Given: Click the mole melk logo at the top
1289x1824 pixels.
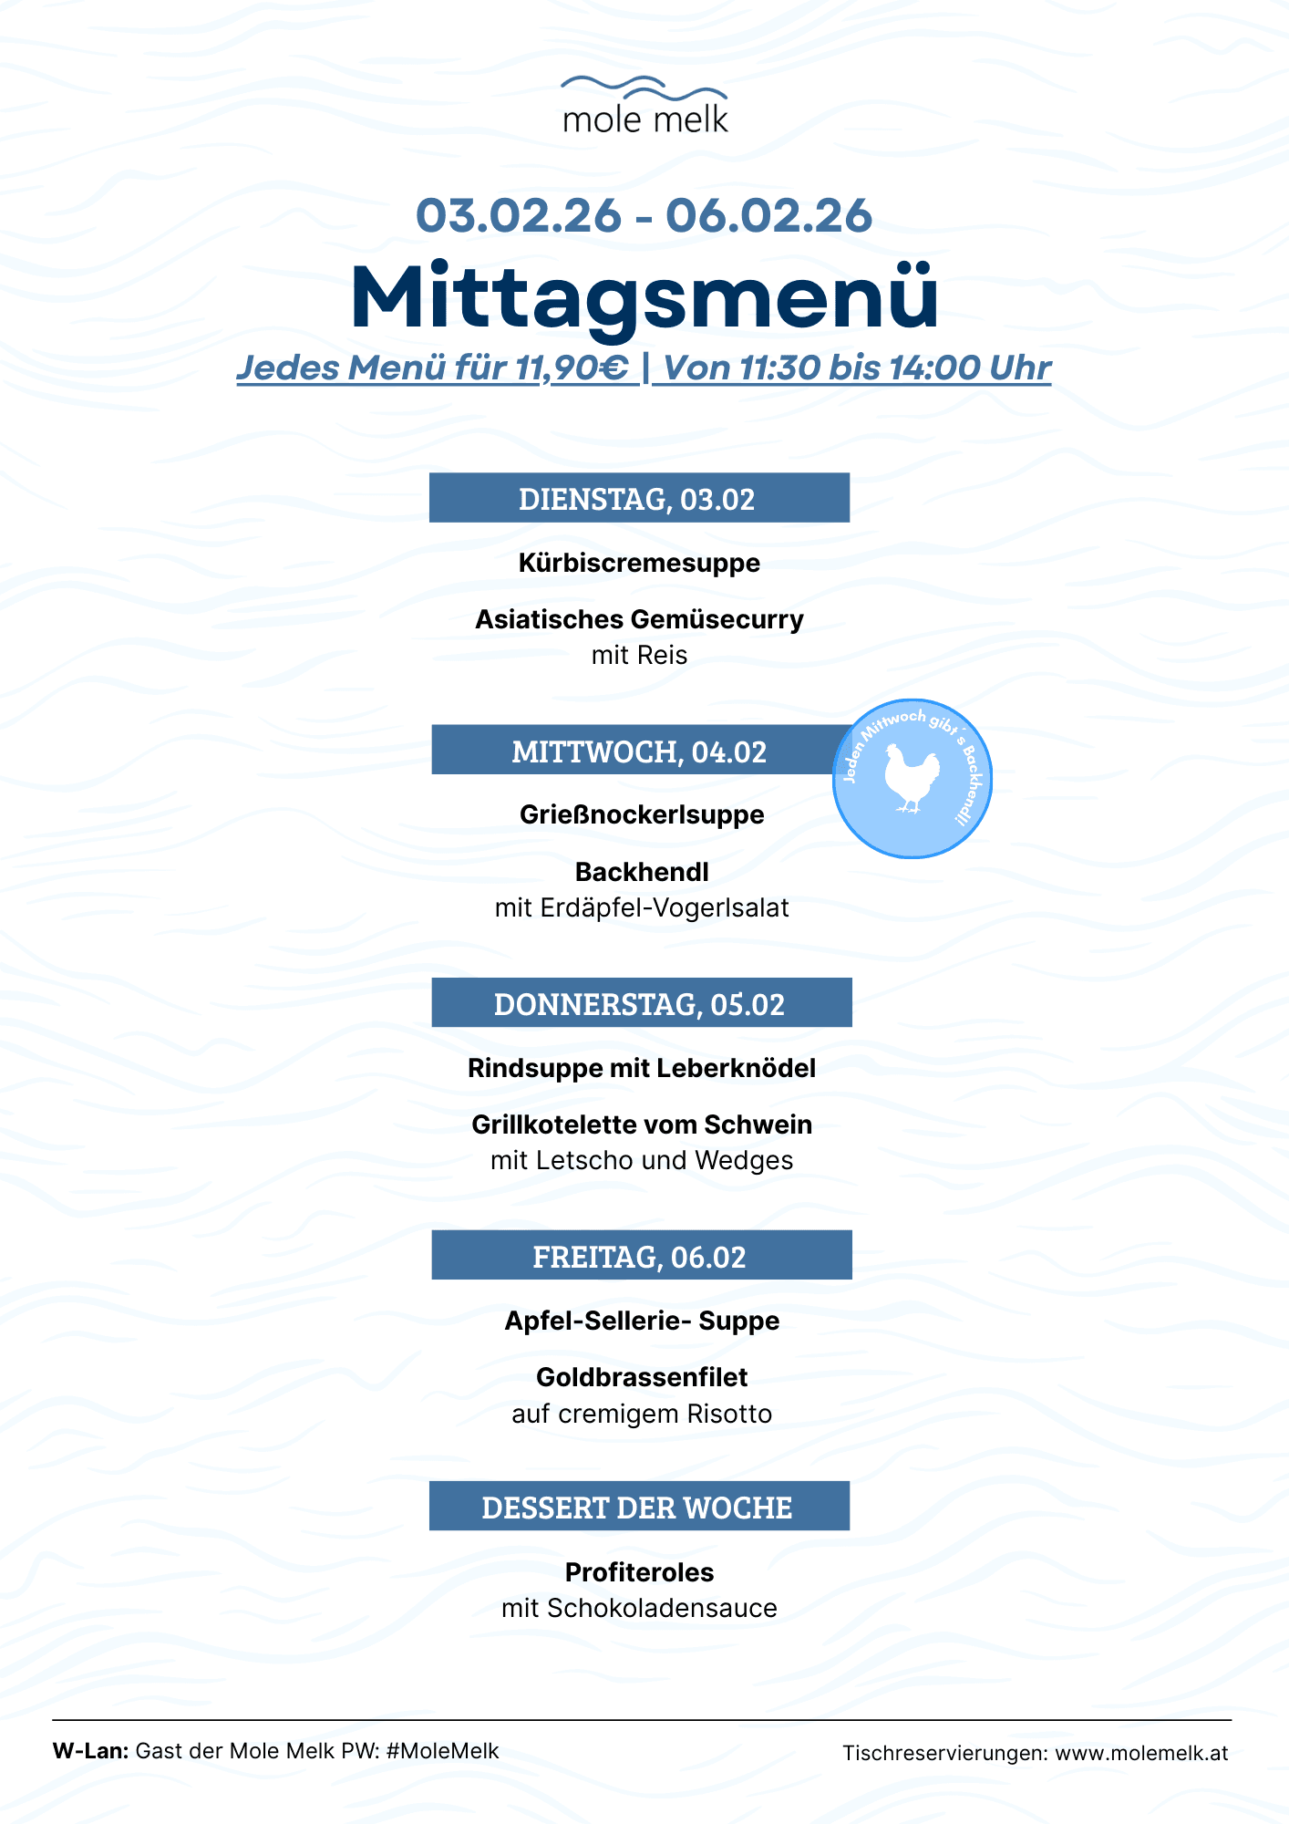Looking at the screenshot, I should (644, 105).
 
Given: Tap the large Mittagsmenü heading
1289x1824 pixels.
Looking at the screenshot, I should (644, 297).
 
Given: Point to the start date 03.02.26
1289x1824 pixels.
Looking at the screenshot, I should (519, 216).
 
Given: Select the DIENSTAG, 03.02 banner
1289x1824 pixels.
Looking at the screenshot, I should (639, 498).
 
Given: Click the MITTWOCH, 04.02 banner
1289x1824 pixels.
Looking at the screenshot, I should (639, 751).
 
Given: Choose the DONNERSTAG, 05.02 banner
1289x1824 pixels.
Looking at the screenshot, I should (641, 1003).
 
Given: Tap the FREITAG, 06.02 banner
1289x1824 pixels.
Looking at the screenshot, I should (641, 1256).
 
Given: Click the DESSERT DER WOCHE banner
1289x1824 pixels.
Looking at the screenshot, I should (639, 1507).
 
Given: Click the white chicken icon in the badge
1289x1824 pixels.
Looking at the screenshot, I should (912, 778).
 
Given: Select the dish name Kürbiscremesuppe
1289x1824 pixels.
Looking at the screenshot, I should (639, 563).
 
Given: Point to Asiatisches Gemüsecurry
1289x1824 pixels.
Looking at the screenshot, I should (639, 619).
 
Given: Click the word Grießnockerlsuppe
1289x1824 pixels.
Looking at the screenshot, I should (642, 814).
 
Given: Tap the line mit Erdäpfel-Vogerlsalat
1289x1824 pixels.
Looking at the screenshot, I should (642, 908).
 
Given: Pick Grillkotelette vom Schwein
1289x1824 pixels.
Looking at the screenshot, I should (642, 1124).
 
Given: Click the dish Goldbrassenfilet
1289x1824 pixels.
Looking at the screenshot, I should (642, 1377).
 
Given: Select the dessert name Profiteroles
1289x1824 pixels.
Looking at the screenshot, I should (639, 1572).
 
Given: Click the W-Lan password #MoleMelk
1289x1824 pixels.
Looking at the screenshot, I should (442, 1751).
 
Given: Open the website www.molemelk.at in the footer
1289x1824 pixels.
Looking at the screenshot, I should (1141, 1753).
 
